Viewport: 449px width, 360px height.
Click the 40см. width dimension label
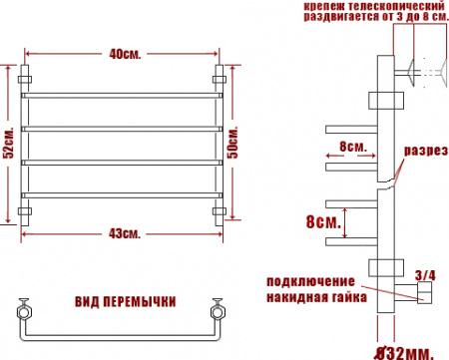pos(124,54)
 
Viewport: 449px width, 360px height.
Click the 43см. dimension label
pos(125,234)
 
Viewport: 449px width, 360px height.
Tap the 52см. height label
pos(8,143)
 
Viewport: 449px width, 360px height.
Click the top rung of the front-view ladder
pos(125,96)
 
